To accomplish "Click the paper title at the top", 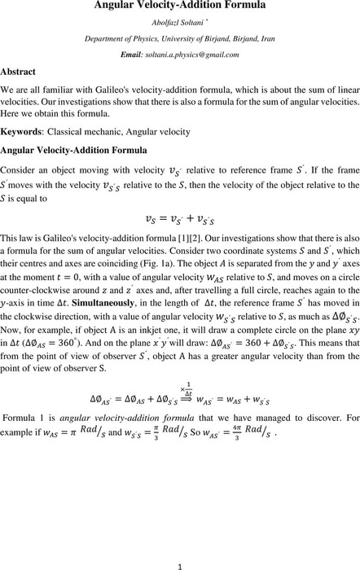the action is (x=179, y=7).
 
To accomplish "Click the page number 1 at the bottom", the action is (x=179, y=560).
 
